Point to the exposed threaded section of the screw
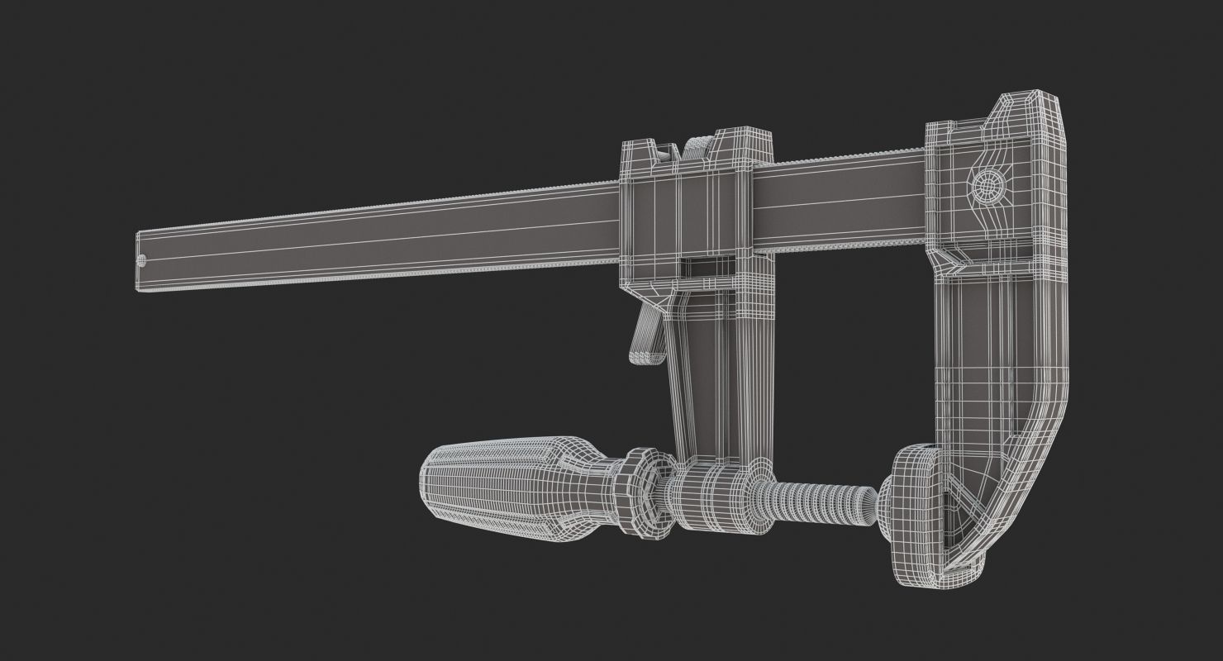coord(826,500)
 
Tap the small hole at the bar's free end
coord(140,261)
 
